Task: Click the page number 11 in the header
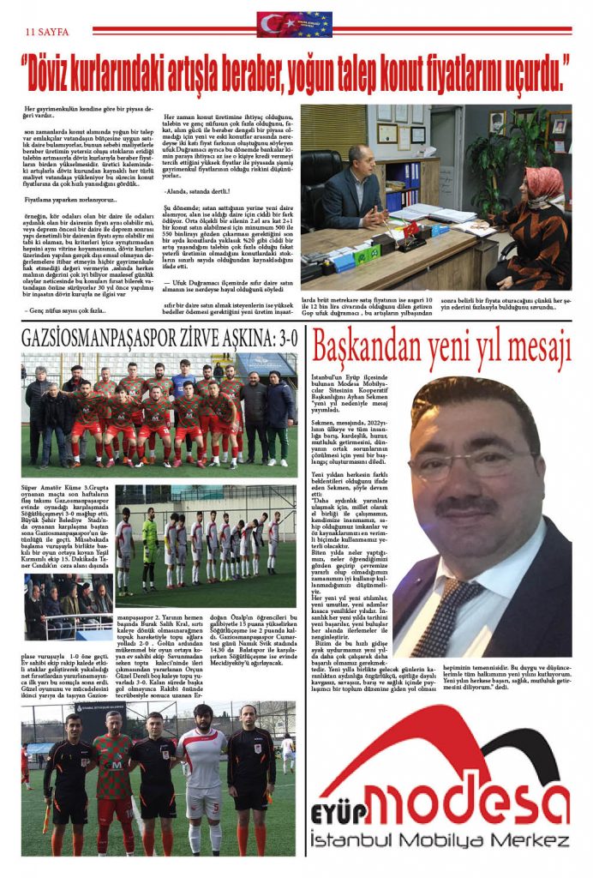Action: (x=31, y=28)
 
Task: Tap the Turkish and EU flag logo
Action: (x=295, y=24)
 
